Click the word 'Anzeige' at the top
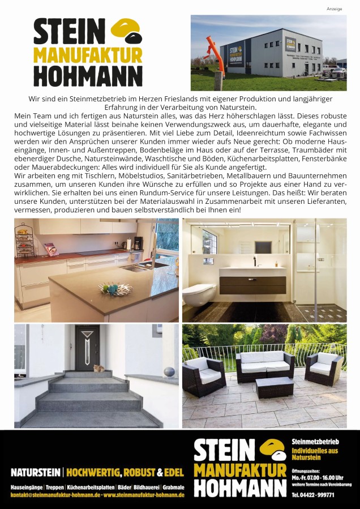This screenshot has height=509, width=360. (x=335, y=8)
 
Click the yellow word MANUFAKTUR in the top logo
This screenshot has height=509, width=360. (x=88, y=55)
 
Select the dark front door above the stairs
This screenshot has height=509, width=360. (x=87, y=348)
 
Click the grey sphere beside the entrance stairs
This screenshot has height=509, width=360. (x=168, y=372)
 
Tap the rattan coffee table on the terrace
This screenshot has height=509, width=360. (x=274, y=388)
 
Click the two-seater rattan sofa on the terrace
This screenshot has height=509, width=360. (x=264, y=365)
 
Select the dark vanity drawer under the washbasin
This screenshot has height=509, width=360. (x=252, y=284)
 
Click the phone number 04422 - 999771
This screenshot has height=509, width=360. (x=312, y=495)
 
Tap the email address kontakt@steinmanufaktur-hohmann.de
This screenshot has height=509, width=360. (x=55, y=495)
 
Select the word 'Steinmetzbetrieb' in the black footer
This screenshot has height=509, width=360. (x=315, y=442)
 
